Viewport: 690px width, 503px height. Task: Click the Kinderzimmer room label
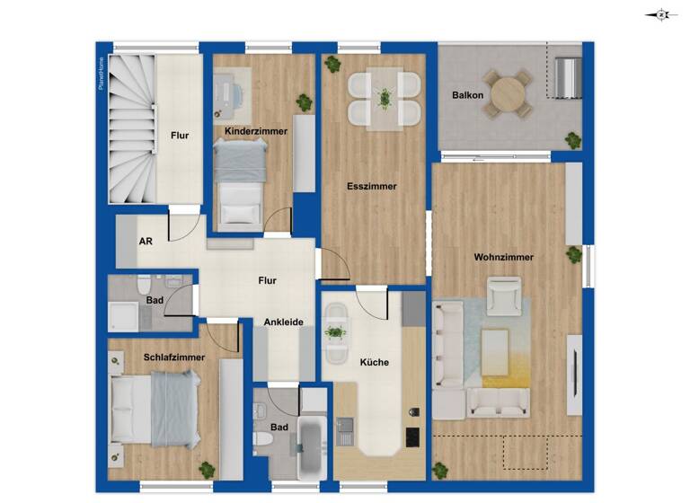point(256,131)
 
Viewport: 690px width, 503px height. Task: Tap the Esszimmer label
point(371,187)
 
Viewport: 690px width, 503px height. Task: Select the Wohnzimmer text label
point(504,257)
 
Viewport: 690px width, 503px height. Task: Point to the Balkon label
point(467,94)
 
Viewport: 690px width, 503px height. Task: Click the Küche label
point(375,363)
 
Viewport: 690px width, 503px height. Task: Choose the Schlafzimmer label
point(174,357)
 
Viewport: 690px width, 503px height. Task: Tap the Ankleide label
point(283,322)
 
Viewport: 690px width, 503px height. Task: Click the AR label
point(146,242)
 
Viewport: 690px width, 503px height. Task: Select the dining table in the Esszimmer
point(385,97)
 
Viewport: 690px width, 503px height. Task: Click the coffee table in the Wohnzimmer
point(495,351)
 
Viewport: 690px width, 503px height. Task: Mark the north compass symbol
point(661,14)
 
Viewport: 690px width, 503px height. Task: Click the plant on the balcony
point(572,139)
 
